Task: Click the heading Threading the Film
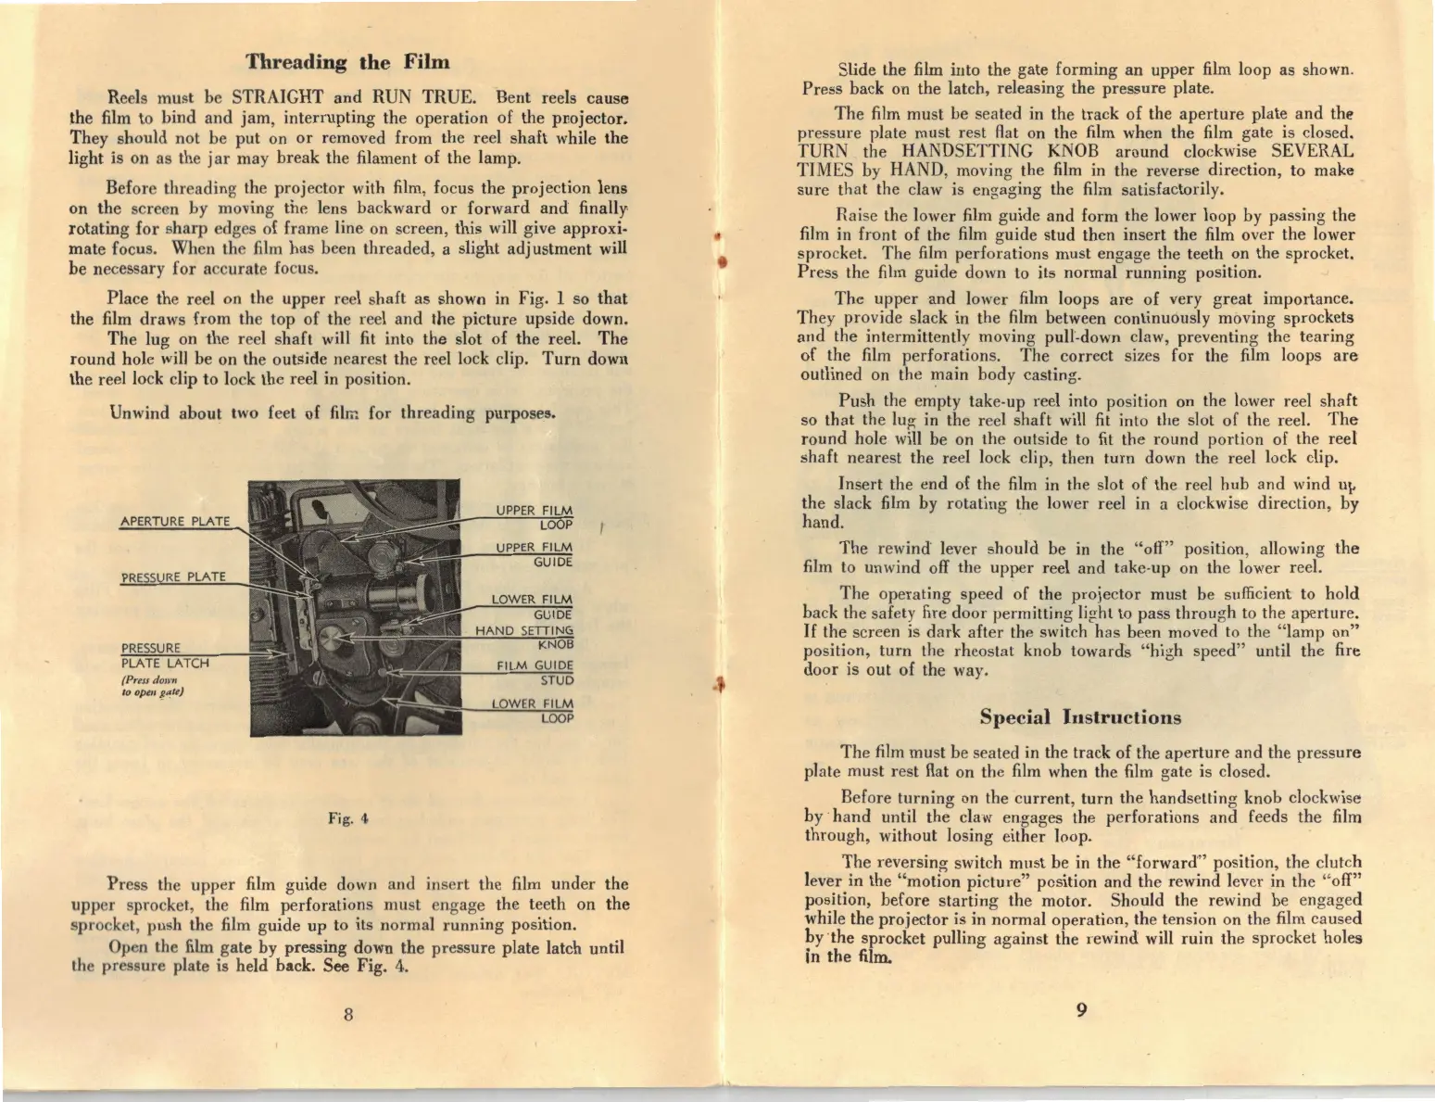point(347,63)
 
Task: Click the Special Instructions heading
point(1080,717)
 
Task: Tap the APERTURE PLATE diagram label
point(175,521)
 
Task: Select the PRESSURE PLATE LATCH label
point(165,655)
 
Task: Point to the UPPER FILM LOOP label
point(535,517)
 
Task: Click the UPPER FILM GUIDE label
point(535,554)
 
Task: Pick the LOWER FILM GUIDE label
point(533,606)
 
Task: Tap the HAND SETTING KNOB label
point(525,637)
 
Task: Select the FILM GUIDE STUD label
point(535,672)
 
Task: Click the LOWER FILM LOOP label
point(533,710)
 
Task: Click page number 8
point(348,1013)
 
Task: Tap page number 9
point(1081,1010)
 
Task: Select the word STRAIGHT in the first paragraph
point(277,97)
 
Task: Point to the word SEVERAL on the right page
point(1312,151)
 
